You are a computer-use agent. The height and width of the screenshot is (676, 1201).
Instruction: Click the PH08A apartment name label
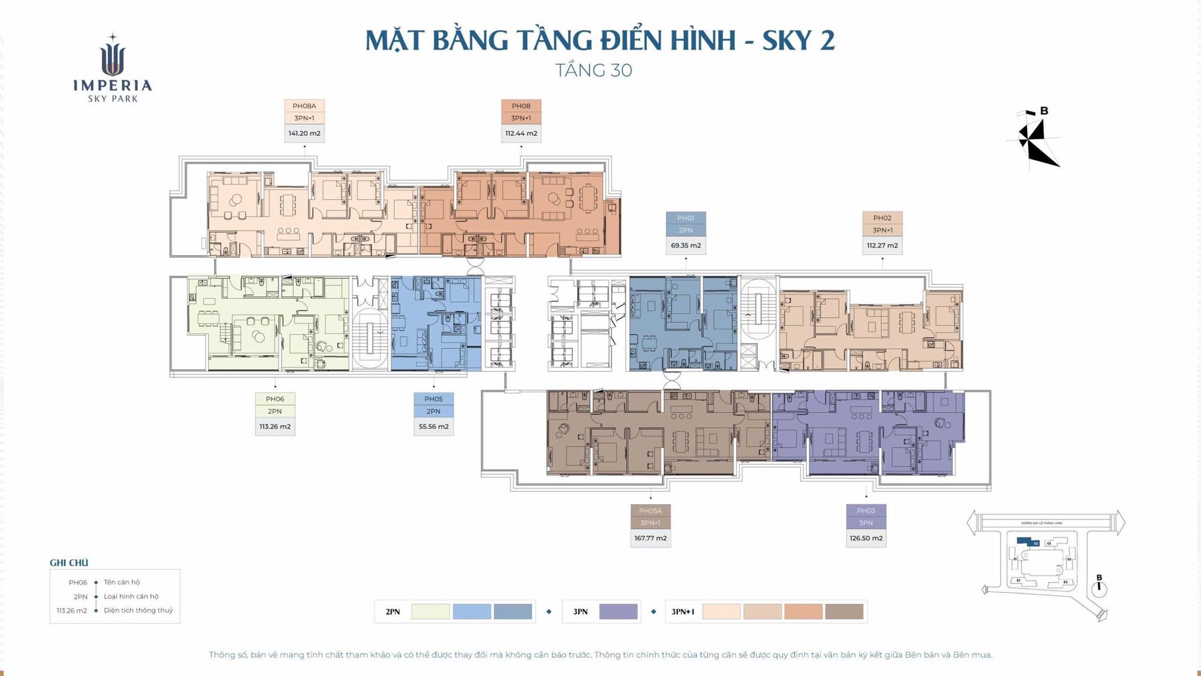pos(304,106)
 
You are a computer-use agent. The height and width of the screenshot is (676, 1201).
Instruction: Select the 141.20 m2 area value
pos(304,133)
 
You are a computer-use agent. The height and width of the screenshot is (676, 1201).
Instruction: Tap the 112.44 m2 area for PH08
pos(521,133)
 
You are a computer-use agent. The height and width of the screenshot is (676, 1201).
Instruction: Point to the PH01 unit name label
pos(686,218)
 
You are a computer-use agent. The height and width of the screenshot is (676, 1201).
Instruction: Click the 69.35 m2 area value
pos(686,245)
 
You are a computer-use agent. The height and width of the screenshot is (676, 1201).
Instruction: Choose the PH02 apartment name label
pos(882,218)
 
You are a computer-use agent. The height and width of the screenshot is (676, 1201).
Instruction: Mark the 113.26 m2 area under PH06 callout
pos(275,427)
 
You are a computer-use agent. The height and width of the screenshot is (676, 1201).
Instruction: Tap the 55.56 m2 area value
pos(433,427)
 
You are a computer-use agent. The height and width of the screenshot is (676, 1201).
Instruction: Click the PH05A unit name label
pos(650,511)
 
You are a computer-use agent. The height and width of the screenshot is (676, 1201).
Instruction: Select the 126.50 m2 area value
pos(866,538)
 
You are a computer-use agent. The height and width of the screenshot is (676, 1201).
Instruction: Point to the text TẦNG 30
pos(593,70)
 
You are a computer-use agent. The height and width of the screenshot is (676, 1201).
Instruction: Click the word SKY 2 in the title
pos(798,40)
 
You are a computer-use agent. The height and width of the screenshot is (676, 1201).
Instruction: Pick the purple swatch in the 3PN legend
pos(618,611)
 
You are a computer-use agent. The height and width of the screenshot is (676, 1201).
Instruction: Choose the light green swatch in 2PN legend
pos(430,611)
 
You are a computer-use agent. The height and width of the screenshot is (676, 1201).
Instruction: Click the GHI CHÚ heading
pos(69,563)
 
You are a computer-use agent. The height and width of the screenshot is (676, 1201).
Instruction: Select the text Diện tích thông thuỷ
pos(138,610)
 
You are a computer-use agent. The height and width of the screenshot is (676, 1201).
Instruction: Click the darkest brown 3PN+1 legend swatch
pos(844,611)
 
